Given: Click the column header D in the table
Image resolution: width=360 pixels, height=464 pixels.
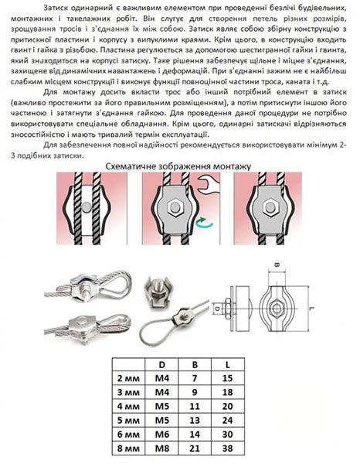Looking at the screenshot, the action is pyautogui.click(x=161, y=364).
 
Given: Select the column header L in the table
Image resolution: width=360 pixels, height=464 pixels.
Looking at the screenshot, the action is pyautogui.click(x=227, y=364).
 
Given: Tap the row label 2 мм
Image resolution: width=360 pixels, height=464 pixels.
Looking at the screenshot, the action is pyautogui.click(x=128, y=378).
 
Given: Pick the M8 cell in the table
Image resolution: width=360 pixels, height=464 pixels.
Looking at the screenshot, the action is pyautogui.click(x=162, y=449).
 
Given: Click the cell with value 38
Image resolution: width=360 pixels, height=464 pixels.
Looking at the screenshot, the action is pyautogui.click(x=227, y=449).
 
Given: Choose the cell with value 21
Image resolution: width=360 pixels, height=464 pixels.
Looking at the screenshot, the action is pyautogui.click(x=195, y=449).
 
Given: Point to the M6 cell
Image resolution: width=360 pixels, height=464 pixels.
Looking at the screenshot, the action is pyautogui.click(x=162, y=435).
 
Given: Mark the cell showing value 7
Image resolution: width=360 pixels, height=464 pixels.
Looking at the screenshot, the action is pyautogui.click(x=195, y=378).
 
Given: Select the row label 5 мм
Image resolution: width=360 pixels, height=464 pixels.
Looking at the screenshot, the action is pyautogui.click(x=128, y=421).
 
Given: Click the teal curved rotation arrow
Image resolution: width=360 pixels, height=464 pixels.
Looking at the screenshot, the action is pyautogui.click(x=204, y=223).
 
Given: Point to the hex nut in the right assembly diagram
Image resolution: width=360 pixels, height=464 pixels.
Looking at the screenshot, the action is pyautogui.click(x=270, y=207).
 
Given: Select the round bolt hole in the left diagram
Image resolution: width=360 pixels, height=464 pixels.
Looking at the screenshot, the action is pyautogui.click(x=86, y=206).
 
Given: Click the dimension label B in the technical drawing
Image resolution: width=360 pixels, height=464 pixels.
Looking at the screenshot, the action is pyautogui.click(x=277, y=264).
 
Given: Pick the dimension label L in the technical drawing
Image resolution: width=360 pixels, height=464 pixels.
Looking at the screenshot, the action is pyautogui.click(x=313, y=309).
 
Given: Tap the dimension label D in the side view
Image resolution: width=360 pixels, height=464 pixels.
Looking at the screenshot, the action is pyautogui.click(x=217, y=309).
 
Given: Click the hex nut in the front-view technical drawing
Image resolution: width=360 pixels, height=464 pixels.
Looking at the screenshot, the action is pyautogui.click(x=277, y=309).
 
